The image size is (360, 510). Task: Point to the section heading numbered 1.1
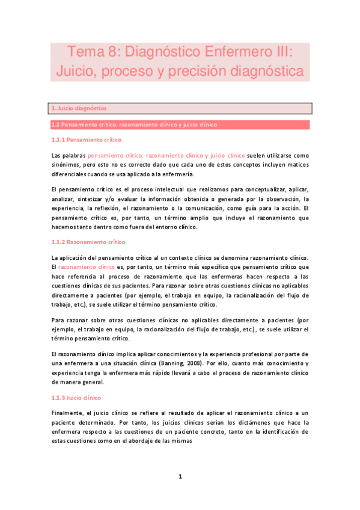point(134,124)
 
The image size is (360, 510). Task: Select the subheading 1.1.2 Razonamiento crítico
point(88,242)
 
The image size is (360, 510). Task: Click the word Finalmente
point(69,413)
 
